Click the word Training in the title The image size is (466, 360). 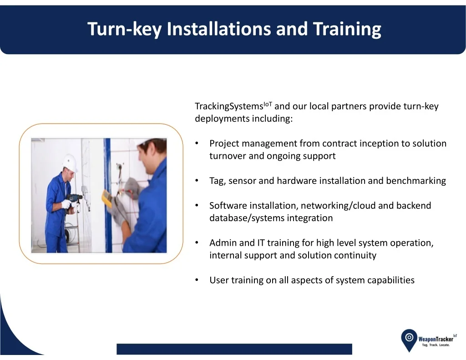pyautogui.click(x=347, y=29)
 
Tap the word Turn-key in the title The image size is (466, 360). pyautogui.click(x=125, y=29)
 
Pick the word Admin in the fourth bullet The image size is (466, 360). pyautogui.click(x=223, y=243)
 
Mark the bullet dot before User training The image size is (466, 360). pyautogui.click(x=197, y=280)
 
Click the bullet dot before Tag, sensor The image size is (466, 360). pyautogui.click(x=197, y=180)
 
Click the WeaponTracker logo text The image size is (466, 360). pyautogui.click(x=436, y=339)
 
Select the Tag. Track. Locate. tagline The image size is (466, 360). pyautogui.click(x=436, y=345)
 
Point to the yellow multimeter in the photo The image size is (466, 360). pyautogui.click(x=107, y=198)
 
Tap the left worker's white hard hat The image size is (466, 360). pyautogui.click(x=70, y=162)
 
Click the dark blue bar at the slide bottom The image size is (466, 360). pyautogui.click(x=234, y=349)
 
